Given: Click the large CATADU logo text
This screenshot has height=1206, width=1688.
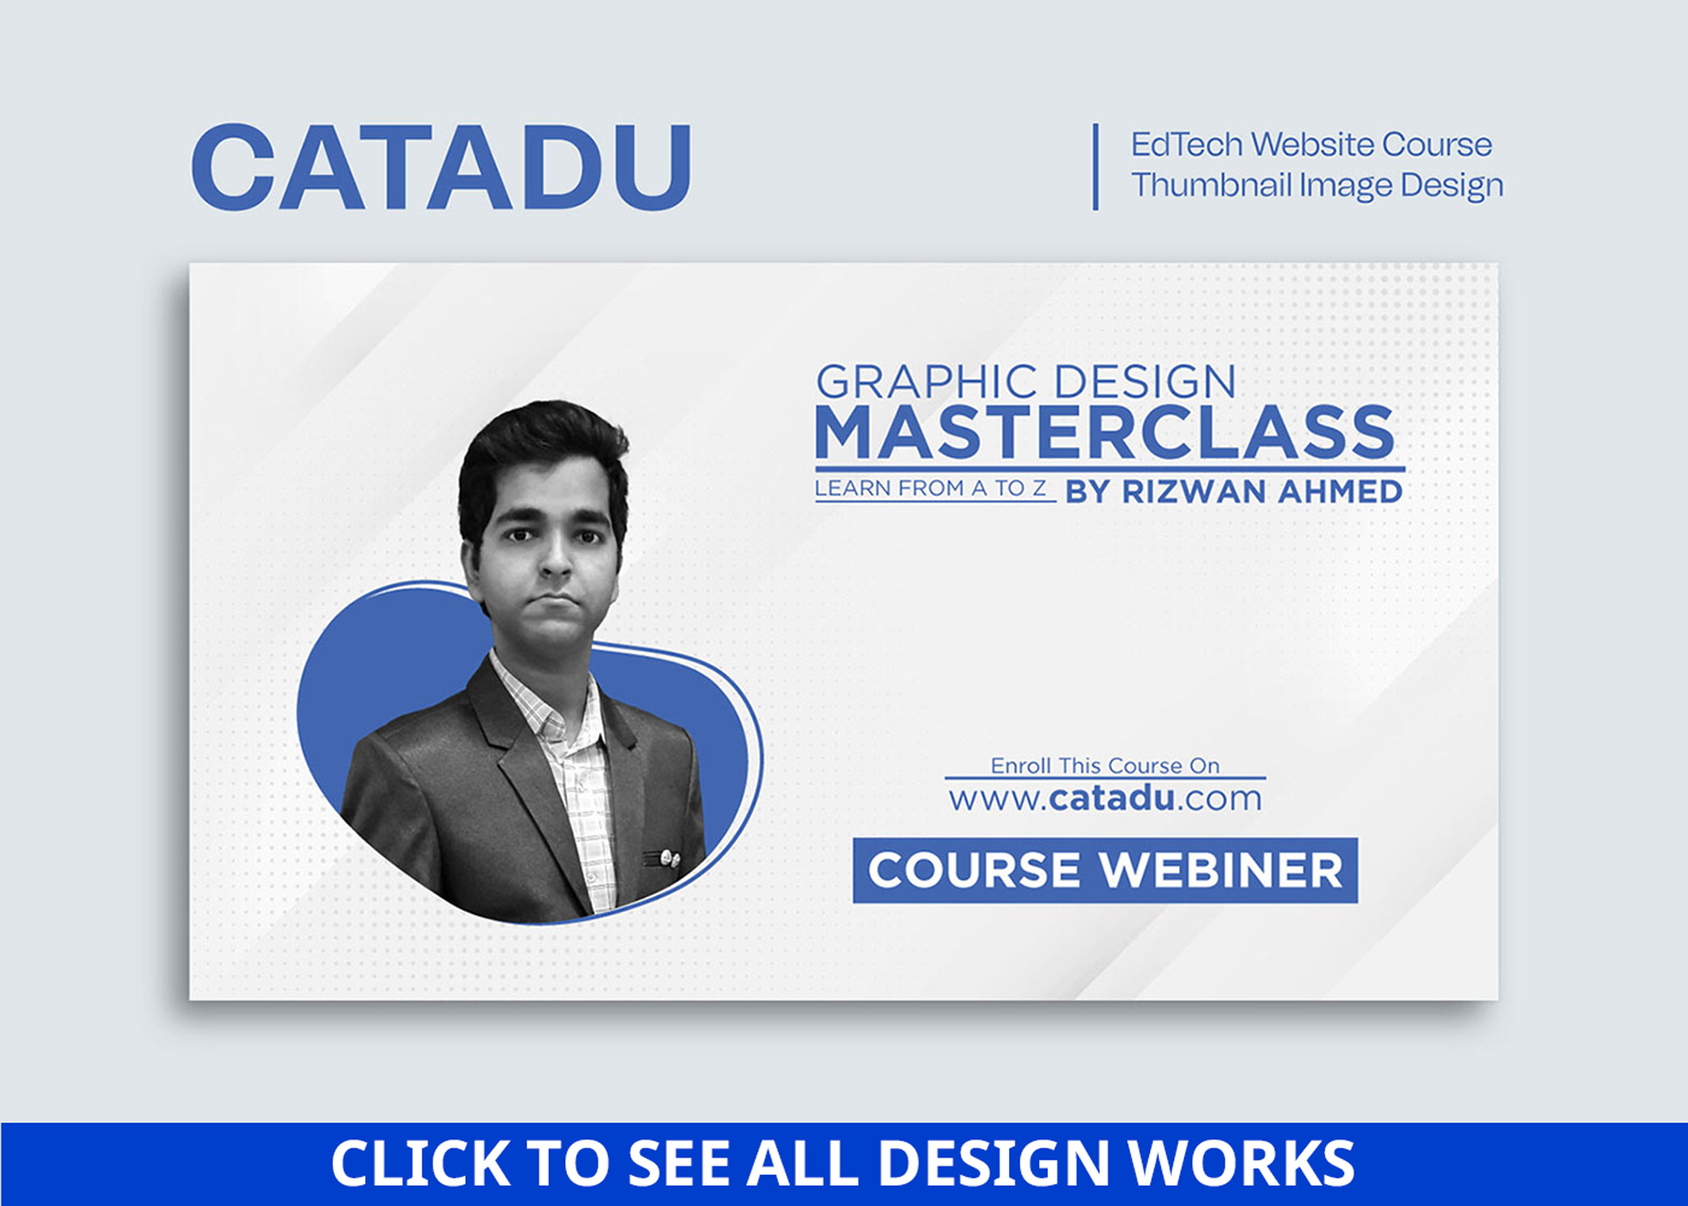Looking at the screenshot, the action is tap(442, 167).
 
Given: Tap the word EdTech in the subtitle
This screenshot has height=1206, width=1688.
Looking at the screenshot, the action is tap(1186, 144).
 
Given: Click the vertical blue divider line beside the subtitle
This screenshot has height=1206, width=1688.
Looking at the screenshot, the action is tap(1095, 166).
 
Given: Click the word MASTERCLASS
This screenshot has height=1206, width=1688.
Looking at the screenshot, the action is tap(1105, 432).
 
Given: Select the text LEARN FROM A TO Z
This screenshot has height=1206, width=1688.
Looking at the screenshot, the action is tap(930, 488).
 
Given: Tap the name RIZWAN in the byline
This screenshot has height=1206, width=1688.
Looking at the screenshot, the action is tap(1194, 492).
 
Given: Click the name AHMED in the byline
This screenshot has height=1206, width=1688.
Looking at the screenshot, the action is tap(1340, 492).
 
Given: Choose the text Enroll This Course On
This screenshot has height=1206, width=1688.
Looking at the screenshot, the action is tap(1105, 766).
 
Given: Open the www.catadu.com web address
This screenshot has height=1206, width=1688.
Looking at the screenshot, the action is tap(1105, 798).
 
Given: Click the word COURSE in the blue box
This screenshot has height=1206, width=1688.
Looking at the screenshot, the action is tap(974, 870).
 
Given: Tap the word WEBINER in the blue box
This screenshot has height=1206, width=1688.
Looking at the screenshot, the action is tap(1221, 870).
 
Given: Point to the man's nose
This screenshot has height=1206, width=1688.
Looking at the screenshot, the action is tap(555, 565).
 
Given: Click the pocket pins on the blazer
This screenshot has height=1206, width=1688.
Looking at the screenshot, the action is tap(661, 858).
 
